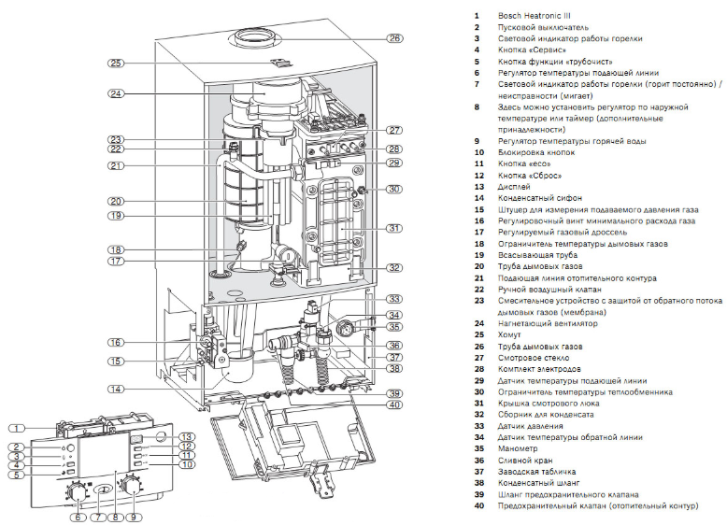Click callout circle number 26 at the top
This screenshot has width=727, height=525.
(395, 38)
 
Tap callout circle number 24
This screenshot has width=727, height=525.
(116, 93)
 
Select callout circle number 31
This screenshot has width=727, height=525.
(394, 229)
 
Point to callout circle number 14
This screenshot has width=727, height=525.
(115, 388)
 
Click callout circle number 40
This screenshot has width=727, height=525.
(394, 404)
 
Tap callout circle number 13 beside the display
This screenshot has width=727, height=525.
(187, 436)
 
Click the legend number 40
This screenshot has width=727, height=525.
(478, 505)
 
